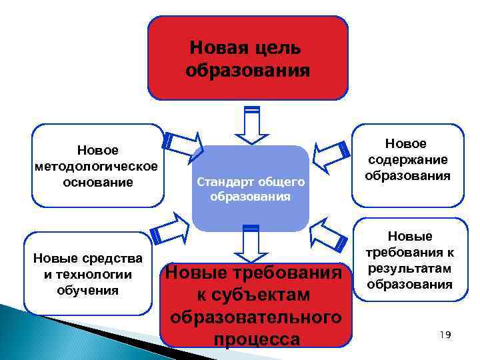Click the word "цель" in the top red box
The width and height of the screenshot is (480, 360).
pyautogui.click(x=277, y=48)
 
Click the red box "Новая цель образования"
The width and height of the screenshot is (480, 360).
pyautogui.click(x=247, y=58)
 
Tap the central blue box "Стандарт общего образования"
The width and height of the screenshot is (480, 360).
pyautogui.click(x=250, y=189)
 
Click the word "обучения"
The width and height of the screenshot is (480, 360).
pyautogui.click(x=88, y=290)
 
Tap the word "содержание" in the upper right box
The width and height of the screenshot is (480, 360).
pyautogui.click(x=407, y=160)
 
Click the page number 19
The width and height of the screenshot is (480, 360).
pyautogui.click(x=445, y=334)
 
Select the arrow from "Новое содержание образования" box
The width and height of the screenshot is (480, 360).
pyautogui.click(x=333, y=151)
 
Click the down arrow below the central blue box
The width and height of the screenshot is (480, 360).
pyautogui.click(x=251, y=244)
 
